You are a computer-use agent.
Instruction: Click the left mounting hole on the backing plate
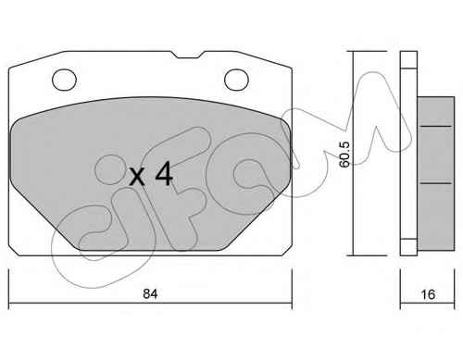point(64,80)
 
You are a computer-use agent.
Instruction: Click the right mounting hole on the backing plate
point(236,80)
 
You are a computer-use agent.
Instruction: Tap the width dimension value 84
point(150,294)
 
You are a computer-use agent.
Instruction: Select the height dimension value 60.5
point(344,155)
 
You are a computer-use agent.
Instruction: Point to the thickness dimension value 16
point(428,294)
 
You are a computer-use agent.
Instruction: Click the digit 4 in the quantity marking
point(164,174)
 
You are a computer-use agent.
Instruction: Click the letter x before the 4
point(137,177)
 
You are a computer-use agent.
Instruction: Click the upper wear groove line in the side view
point(436,126)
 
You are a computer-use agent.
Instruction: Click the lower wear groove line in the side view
point(436,183)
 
